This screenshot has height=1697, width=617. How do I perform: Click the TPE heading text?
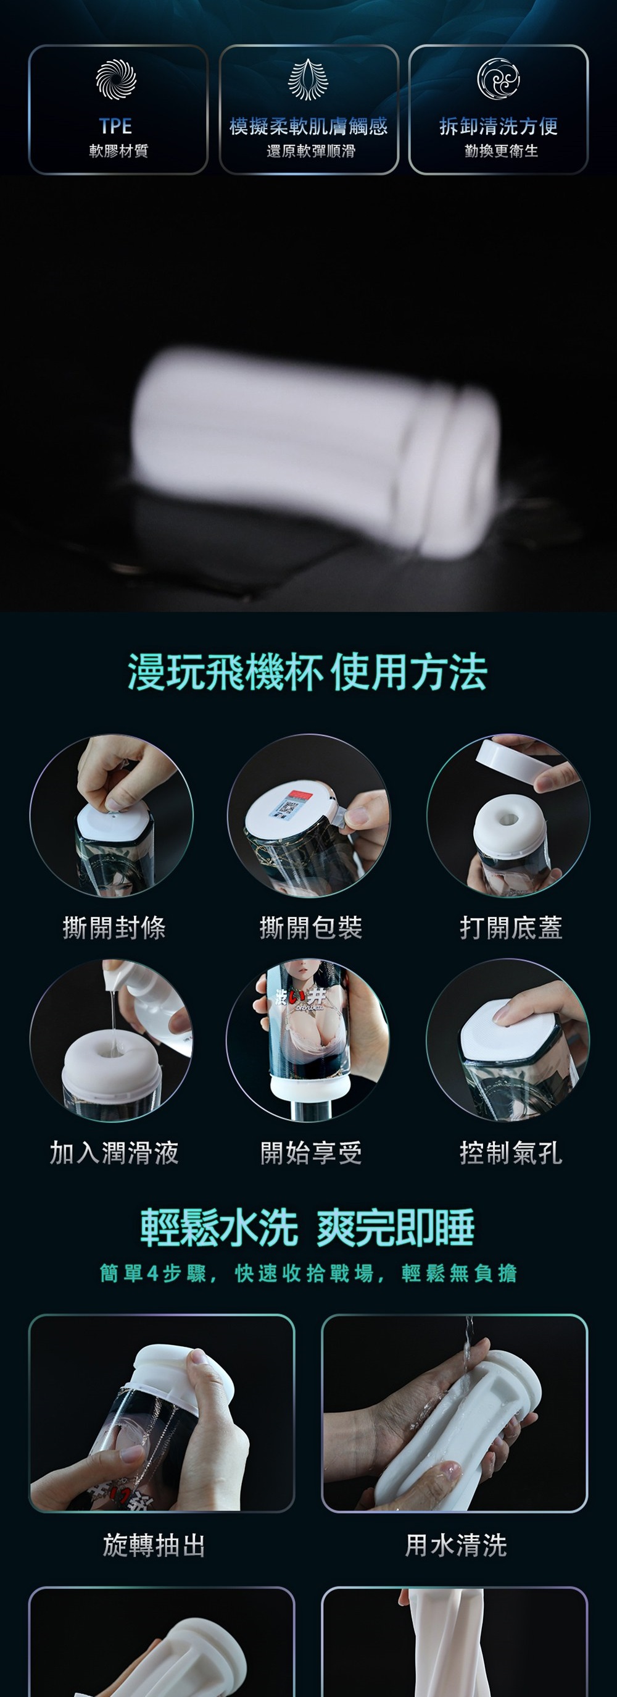click(116, 126)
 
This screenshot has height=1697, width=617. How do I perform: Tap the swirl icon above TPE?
click(116, 79)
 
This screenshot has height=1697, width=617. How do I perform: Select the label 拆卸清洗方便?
click(499, 126)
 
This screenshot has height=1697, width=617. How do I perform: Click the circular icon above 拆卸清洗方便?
click(499, 79)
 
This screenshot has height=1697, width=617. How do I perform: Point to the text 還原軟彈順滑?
click(310, 151)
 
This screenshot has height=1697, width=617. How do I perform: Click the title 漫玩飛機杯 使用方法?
click(307, 673)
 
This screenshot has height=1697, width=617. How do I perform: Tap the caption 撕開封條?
click(114, 928)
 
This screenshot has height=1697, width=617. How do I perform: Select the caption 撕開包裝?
click(311, 928)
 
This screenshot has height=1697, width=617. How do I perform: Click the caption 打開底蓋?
click(511, 928)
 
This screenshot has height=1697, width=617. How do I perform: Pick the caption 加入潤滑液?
click(114, 1153)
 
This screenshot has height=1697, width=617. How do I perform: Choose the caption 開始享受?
click(311, 1153)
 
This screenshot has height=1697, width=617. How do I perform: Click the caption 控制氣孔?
click(511, 1153)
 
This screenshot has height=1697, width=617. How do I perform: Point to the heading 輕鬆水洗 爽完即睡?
click(307, 1228)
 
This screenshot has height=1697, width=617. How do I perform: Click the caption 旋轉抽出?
click(154, 1545)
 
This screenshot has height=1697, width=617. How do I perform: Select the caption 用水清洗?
click(456, 1545)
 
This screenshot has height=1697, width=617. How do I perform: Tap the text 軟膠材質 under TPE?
click(118, 151)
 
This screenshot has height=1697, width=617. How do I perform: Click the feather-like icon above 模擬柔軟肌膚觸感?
click(307, 79)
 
